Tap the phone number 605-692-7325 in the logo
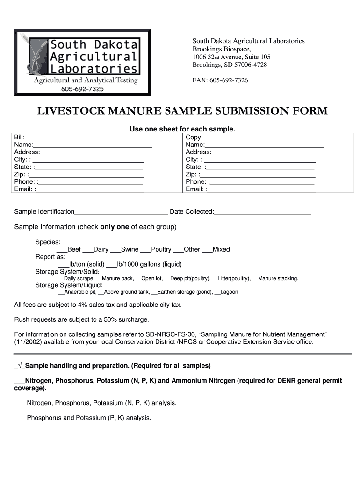tap(82, 89)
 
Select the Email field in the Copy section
tap(261, 189)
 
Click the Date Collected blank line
tap(262, 212)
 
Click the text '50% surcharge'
tap(128, 320)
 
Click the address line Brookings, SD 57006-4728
tap(230, 65)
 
